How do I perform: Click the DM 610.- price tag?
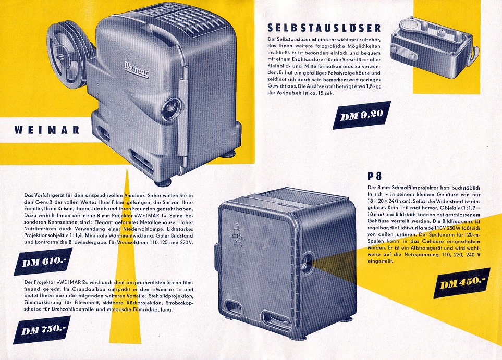pos(43,262)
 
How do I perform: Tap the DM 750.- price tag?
pos(42,330)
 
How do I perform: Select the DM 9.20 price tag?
pos(362,115)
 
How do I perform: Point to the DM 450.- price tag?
pos(462,282)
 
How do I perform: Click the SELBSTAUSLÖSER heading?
pos(324,28)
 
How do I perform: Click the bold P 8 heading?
pos(374,176)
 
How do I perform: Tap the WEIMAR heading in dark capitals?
pos(47,130)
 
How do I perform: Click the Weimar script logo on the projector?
pos(137,69)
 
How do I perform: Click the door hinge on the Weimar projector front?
pos(183,115)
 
